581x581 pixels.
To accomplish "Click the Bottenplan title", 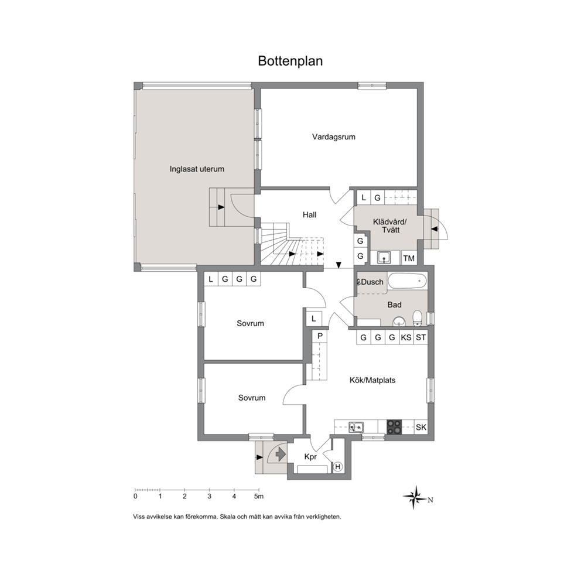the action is point(290,61).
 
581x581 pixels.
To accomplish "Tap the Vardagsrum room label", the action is point(333,136).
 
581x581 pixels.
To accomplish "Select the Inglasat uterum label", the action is point(197,169).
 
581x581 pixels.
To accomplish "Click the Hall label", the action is point(309,214).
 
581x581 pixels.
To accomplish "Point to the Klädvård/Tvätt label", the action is point(390,225).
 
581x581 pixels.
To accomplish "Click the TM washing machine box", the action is point(409,258).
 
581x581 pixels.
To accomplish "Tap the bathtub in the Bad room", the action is point(407,281).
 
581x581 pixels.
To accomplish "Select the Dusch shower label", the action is point(372,282).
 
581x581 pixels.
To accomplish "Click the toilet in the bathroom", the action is point(418,318).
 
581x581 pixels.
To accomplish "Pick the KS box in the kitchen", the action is point(406,337).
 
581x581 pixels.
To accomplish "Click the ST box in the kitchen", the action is point(421,337).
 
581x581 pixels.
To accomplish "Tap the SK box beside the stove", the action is point(421,427).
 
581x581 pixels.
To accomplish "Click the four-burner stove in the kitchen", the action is point(394,427).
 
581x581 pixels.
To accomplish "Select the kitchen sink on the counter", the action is point(356,427).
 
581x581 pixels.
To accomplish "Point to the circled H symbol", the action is point(337,467).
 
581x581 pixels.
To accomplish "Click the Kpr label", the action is point(310,457).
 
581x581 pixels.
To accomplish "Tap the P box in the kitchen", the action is point(320,336).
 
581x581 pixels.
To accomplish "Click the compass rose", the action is point(416,497).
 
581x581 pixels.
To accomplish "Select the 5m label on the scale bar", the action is point(259,496).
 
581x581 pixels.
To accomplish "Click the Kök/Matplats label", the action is point(372,380).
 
